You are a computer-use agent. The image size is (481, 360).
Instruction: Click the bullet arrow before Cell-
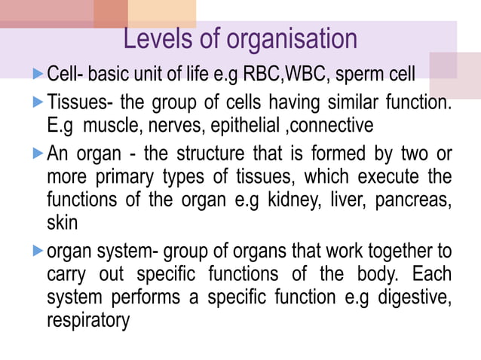click(x=39, y=74)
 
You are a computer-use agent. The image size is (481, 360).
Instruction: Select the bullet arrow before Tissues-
click(x=39, y=100)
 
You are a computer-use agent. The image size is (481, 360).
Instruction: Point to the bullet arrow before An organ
click(x=39, y=154)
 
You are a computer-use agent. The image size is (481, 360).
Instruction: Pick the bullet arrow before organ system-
click(x=39, y=250)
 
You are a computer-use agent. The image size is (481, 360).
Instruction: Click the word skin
click(x=60, y=224)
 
